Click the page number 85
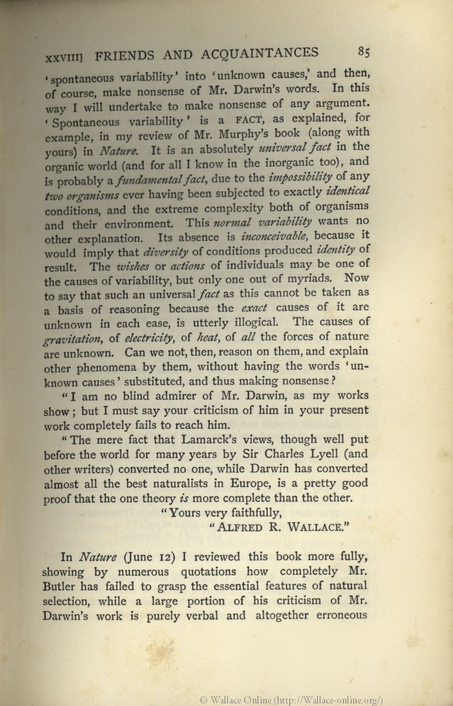(362, 52)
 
